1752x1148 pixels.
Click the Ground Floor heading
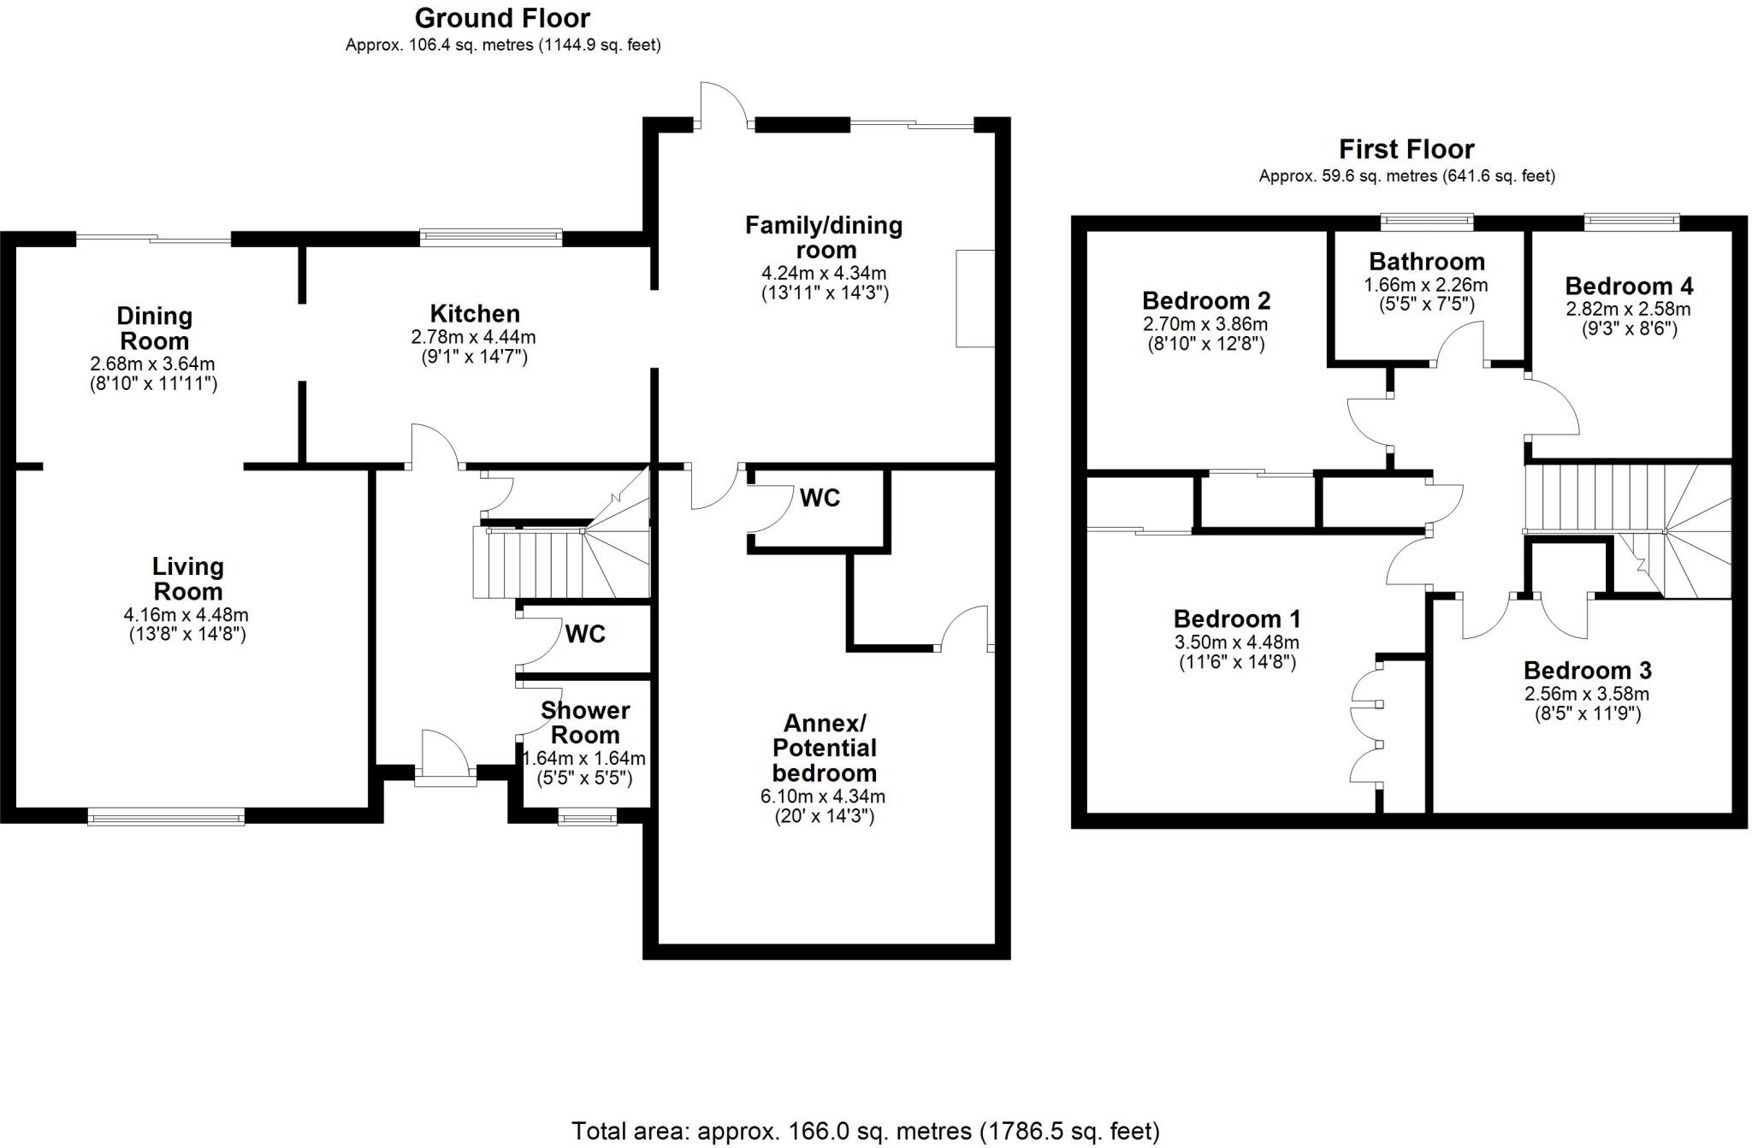pos(502,18)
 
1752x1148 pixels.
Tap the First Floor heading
pos(1406,150)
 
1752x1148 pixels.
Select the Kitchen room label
pos(475,313)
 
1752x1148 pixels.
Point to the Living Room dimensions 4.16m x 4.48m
pos(186,615)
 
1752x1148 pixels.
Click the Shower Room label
pos(585,723)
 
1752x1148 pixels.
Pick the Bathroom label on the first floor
pos(1426,262)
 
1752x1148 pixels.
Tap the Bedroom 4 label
pos(1629,286)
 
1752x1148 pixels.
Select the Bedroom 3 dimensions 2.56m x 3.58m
pos(1587,694)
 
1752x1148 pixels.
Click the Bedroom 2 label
pos(1206,301)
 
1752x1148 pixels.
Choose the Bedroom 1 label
pos(1237,618)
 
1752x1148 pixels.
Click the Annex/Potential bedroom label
pos(825,749)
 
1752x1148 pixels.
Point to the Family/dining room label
pos(824,238)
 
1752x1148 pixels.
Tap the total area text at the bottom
pos(865,1131)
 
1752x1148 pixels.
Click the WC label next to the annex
pos(820,498)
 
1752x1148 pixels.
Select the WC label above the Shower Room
pos(585,634)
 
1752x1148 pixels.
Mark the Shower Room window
pos(587,819)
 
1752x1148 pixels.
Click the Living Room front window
pos(166,819)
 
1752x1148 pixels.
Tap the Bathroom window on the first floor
pos(1427,222)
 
